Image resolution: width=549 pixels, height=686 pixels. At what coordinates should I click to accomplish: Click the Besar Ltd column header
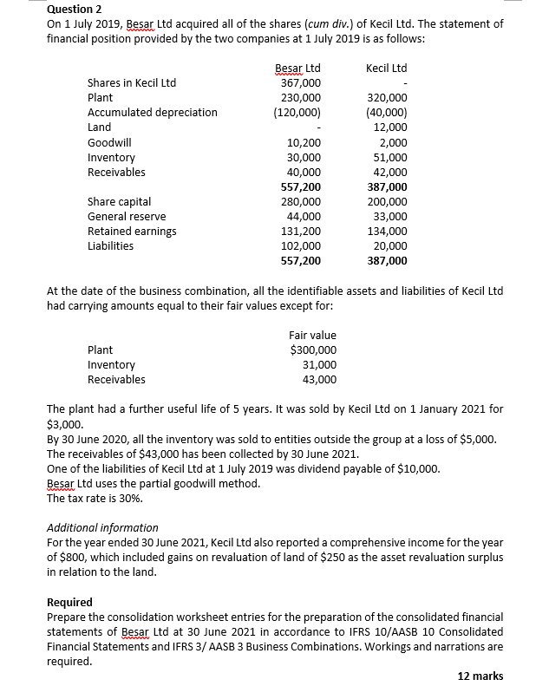tap(297, 68)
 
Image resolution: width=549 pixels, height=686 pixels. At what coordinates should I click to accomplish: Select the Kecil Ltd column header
tap(386, 68)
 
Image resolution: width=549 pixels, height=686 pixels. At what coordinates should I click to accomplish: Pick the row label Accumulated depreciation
tap(153, 113)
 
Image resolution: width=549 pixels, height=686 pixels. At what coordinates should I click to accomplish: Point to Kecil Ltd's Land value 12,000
tap(390, 127)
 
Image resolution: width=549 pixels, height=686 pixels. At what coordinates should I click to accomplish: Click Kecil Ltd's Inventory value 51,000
tap(390, 158)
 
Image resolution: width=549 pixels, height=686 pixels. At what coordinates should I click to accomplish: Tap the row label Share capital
tap(119, 202)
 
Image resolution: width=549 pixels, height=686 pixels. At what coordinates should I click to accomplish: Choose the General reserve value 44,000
tap(304, 217)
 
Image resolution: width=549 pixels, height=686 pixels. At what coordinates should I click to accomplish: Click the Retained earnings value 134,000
tap(388, 232)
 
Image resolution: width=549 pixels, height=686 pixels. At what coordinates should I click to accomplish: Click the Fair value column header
tap(312, 336)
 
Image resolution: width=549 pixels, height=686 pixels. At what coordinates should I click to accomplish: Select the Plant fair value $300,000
tap(313, 350)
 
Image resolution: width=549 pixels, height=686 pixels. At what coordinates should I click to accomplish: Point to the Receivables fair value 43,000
tap(319, 380)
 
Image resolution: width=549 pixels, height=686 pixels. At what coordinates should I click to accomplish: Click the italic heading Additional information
tap(101, 527)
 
